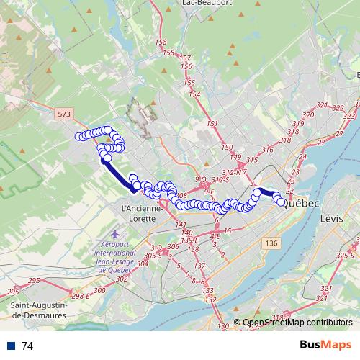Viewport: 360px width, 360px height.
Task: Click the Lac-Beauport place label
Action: pos(207,3)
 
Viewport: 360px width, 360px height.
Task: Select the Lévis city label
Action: pos(332,217)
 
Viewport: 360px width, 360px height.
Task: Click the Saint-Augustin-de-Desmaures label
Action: pos(40,310)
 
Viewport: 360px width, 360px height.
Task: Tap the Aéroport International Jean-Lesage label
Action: pos(115,254)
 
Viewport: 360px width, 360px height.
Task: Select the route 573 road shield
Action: pos(63,114)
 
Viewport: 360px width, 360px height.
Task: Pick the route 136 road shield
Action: pos(271,244)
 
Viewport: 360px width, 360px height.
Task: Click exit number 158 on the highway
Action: pos(161,43)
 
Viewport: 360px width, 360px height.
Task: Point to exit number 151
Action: pos(212,125)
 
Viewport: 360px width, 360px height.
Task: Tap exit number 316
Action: pos(268,149)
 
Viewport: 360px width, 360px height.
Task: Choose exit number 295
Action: pos(14,292)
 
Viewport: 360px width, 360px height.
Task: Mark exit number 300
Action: pos(99,290)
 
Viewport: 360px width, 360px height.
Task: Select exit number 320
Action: pos(308,115)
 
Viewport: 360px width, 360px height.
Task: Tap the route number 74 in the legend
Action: pos(27,346)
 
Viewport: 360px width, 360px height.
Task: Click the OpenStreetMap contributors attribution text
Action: pos(297,323)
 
